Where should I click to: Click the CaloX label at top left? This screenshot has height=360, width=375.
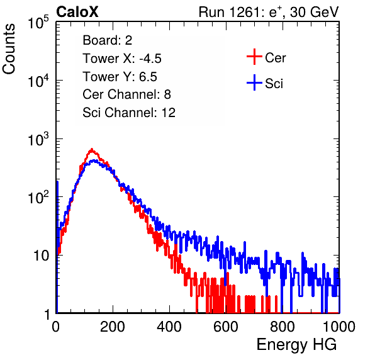click(77, 12)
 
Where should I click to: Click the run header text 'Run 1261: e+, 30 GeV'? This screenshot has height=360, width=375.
click(269, 12)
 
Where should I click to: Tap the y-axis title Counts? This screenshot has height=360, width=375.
click(9, 49)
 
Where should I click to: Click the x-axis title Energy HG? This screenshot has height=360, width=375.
click(296, 345)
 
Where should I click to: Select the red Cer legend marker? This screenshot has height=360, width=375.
click(254, 57)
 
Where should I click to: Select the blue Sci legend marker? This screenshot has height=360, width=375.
click(254, 83)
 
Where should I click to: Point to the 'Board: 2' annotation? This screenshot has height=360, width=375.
click(108, 40)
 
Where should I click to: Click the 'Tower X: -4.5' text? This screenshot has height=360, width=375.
click(122, 59)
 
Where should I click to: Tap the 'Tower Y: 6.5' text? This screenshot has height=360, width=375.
click(120, 77)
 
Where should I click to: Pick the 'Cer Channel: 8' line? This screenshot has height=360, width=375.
click(126, 94)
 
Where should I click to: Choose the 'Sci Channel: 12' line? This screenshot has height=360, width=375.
click(129, 113)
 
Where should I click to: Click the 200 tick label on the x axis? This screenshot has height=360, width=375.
click(113, 327)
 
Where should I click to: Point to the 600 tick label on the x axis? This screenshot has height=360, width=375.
click(226, 327)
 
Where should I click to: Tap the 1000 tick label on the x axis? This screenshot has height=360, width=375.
click(339, 327)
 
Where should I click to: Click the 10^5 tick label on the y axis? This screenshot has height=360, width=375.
click(38, 23)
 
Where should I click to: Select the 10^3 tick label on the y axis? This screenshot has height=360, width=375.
click(38, 139)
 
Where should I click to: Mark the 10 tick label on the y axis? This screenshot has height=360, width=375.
click(41, 256)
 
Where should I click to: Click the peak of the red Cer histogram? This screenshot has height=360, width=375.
click(92, 149)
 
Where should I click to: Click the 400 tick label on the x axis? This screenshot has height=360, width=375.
click(169, 327)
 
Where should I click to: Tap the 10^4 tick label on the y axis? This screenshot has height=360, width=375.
click(38, 81)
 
